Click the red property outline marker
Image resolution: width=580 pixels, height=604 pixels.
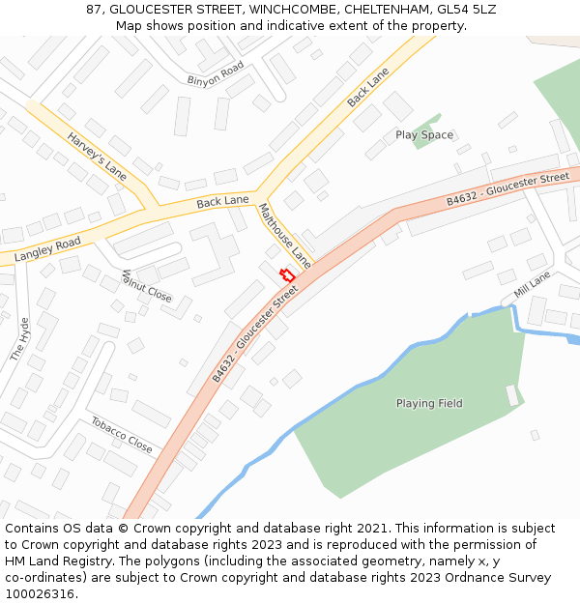tap(287, 275)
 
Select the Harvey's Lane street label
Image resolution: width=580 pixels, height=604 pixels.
tap(97, 157)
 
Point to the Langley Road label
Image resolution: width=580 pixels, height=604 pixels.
tap(47, 246)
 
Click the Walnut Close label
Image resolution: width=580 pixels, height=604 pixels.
tap(146, 286)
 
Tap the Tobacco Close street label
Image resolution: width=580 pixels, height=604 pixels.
tap(122, 435)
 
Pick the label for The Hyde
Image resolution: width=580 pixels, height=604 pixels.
tap(19, 339)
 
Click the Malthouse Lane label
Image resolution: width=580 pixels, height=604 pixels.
tap(284, 235)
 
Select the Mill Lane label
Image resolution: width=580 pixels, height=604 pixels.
tap(532, 283)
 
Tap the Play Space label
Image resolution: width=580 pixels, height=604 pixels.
tap(423, 135)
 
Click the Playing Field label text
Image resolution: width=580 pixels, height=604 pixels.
tap(429, 403)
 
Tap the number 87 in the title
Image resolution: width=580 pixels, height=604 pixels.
tap(94, 9)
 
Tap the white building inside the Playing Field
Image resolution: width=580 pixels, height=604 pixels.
tap(511, 395)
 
